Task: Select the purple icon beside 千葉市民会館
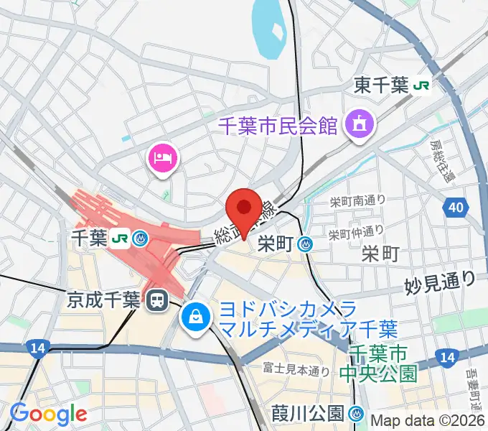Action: pyautogui.click(x=356, y=125)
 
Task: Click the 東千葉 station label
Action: pyautogui.click(x=382, y=86)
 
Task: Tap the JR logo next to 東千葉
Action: pyautogui.click(x=422, y=86)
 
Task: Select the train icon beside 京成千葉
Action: pyautogui.click(x=154, y=300)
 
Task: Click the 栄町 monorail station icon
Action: pyautogui.click(x=306, y=245)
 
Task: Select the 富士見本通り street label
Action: pyautogui.click(x=296, y=371)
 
